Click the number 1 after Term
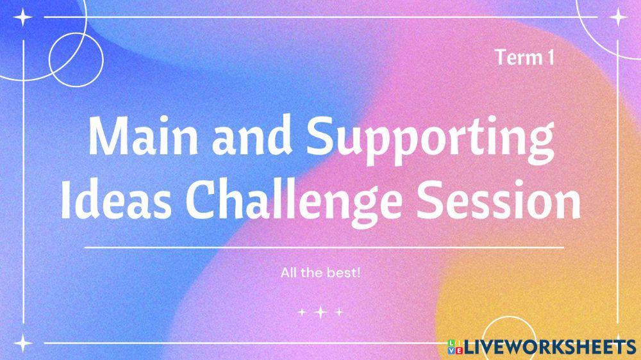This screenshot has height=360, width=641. coord(550,58)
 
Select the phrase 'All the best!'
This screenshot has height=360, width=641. coord(320,273)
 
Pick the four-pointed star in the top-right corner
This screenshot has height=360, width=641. coord(618,18)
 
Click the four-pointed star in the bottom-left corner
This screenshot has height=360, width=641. coord(24,343)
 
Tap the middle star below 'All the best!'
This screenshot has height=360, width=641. coord(320,313)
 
